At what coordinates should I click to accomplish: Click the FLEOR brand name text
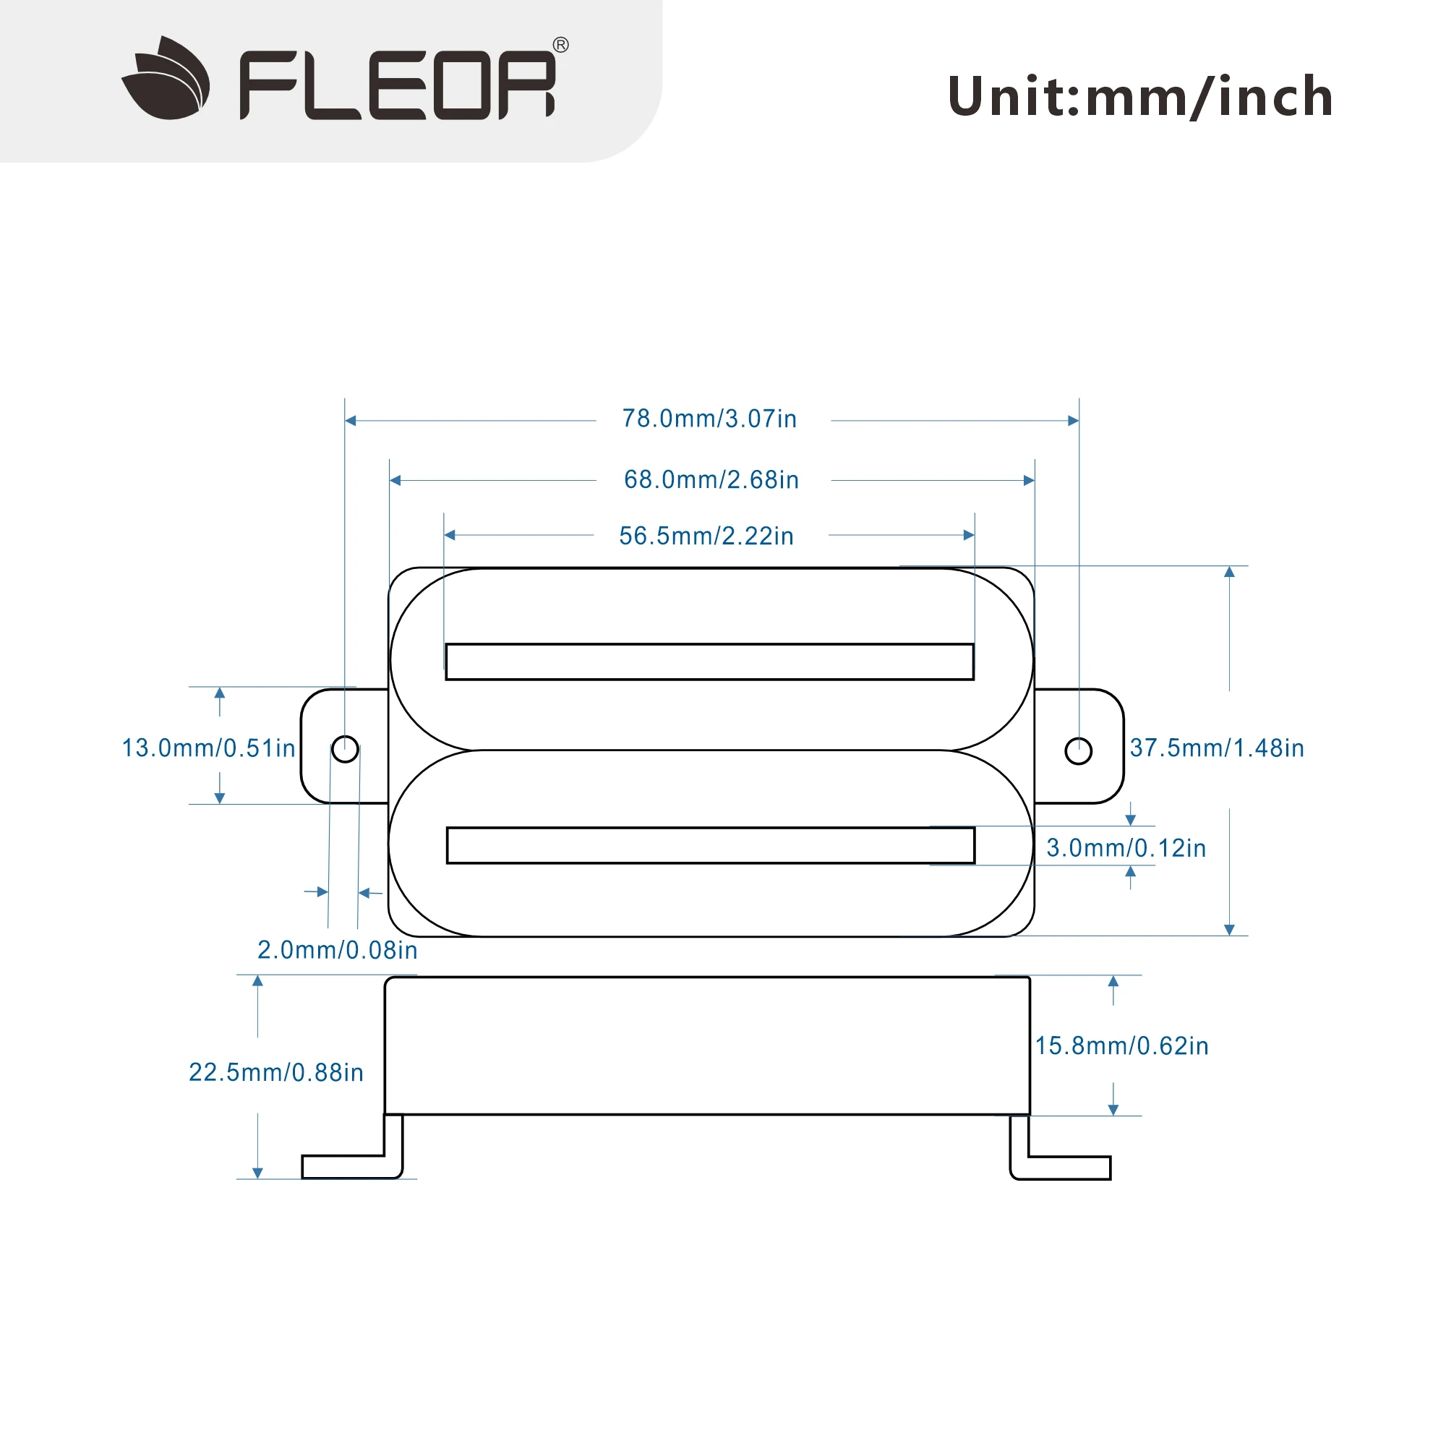coord(398,85)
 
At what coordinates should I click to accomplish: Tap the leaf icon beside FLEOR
coord(166,79)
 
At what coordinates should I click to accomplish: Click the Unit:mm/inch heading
coord(1140,97)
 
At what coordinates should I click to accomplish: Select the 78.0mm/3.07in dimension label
coord(709,419)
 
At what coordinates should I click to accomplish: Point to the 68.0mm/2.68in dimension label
coord(711,480)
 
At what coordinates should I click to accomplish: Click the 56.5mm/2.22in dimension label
coord(706,536)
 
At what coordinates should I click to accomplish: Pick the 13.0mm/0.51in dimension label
coord(208,748)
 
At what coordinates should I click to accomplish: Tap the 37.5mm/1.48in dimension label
coord(1216,748)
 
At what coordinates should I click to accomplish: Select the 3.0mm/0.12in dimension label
coord(1126,848)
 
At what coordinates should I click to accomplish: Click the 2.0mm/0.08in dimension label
coord(337,950)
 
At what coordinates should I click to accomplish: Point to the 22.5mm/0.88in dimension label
coord(275,1072)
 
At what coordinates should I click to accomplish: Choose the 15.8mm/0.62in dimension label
coord(1121,1045)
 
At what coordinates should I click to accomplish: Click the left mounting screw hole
coord(345,749)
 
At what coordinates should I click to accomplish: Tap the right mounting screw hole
coord(1078,750)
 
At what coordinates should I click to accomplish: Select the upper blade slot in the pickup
coord(709,662)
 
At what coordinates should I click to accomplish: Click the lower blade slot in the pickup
coord(709,845)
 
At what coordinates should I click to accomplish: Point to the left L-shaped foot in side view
coord(352,1165)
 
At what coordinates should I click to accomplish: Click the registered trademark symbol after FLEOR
coord(560,45)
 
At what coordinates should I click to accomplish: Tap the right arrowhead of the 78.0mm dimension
coord(1072,421)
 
